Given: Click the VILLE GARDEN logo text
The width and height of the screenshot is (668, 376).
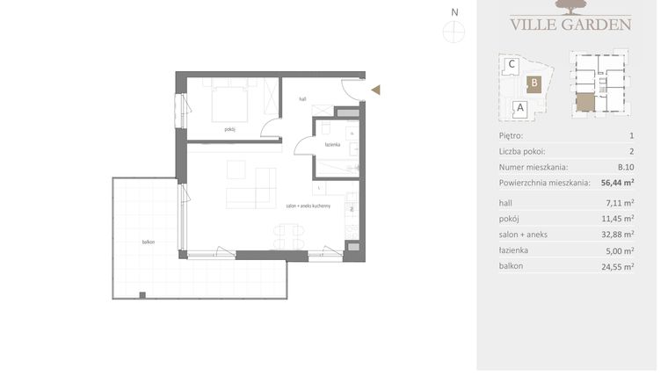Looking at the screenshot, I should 570,24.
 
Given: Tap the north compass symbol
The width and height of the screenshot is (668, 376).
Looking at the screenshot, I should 454,32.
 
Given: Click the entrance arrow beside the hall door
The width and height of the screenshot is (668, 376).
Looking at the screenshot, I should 375,89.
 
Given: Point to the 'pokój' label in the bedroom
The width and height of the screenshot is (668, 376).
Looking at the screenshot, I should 229,129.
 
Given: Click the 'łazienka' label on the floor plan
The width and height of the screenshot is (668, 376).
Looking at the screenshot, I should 331,144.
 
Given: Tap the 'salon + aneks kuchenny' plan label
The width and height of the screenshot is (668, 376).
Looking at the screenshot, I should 308,206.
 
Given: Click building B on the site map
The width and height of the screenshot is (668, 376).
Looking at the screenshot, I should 533,84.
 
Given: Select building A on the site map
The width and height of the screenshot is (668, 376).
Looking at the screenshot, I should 519,108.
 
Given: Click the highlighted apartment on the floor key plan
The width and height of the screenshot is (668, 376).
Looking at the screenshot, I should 585,104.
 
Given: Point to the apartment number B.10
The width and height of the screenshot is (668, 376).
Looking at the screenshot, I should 625,167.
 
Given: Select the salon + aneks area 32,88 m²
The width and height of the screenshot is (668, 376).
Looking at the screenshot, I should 621,234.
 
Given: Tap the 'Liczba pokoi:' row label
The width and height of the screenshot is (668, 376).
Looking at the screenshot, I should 523,151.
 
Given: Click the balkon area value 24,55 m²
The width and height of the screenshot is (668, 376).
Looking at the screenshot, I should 621,265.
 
